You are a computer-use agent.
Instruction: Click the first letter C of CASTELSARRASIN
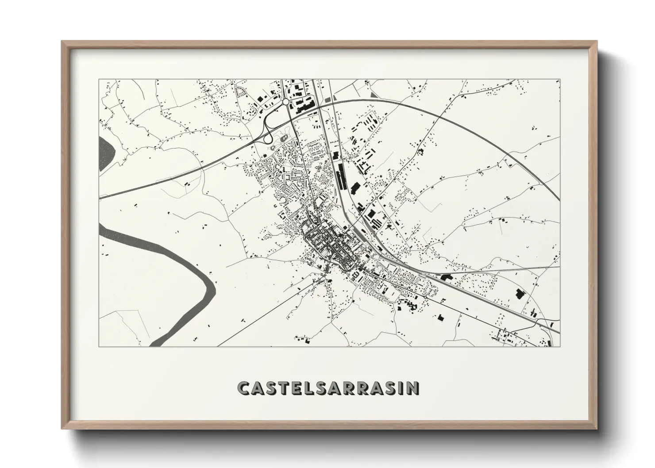[x=244, y=388]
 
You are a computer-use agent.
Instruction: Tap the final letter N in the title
[x=412, y=388]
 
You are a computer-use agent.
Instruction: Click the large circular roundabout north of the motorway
[x=286, y=102]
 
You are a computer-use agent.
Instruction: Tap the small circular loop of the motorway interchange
[x=267, y=139]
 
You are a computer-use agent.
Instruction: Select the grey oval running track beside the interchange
[x=284, y=141]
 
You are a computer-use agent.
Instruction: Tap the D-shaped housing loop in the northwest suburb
[x=241, y=92]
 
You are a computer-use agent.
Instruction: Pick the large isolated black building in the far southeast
[x=520, y=294]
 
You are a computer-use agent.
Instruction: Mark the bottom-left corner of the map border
[x=99, y=346]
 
